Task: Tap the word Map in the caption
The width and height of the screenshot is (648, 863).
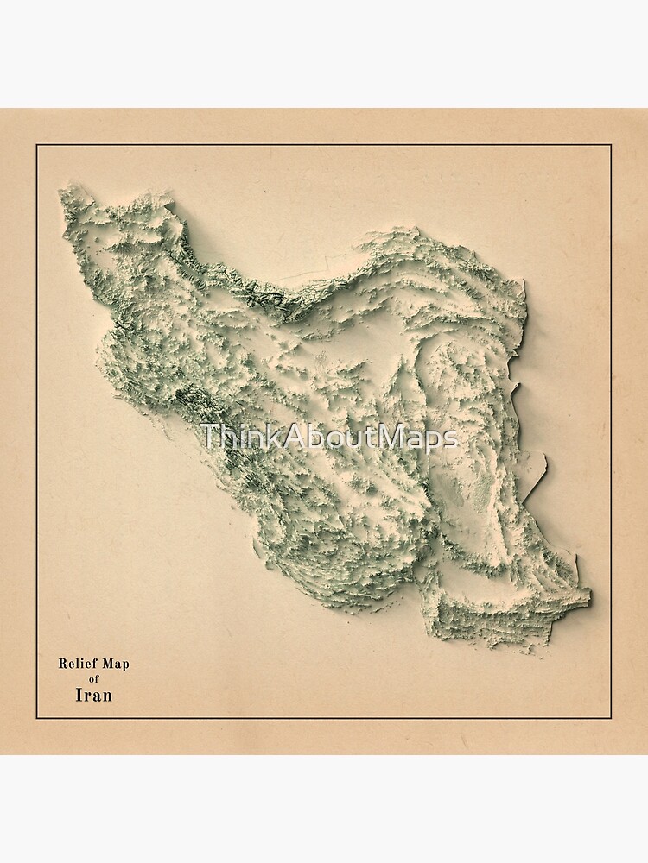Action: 115,664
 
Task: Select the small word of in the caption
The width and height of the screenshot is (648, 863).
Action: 94,679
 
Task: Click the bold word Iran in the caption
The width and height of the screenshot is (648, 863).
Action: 94,695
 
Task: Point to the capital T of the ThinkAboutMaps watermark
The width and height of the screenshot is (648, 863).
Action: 208,437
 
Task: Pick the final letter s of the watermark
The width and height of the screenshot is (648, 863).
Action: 450,439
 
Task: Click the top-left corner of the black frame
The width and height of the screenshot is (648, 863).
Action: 36,145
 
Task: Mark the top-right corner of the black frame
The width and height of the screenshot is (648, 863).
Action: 611,145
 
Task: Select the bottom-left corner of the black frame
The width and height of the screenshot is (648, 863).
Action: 36,718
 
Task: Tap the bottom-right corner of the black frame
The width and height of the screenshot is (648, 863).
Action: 611,718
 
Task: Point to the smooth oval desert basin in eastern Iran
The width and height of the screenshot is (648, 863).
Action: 471,414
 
